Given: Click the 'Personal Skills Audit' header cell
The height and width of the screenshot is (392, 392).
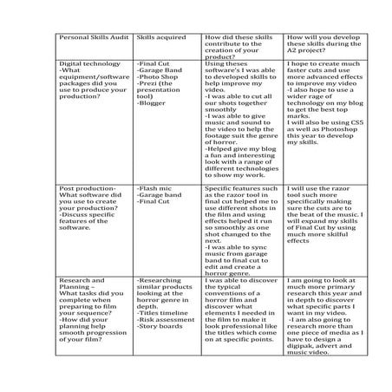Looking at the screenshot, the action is [91, 39].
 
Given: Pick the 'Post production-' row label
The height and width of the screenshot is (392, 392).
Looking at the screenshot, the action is [87, 187].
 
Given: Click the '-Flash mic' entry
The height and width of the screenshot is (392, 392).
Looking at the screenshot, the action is [156, 187].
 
